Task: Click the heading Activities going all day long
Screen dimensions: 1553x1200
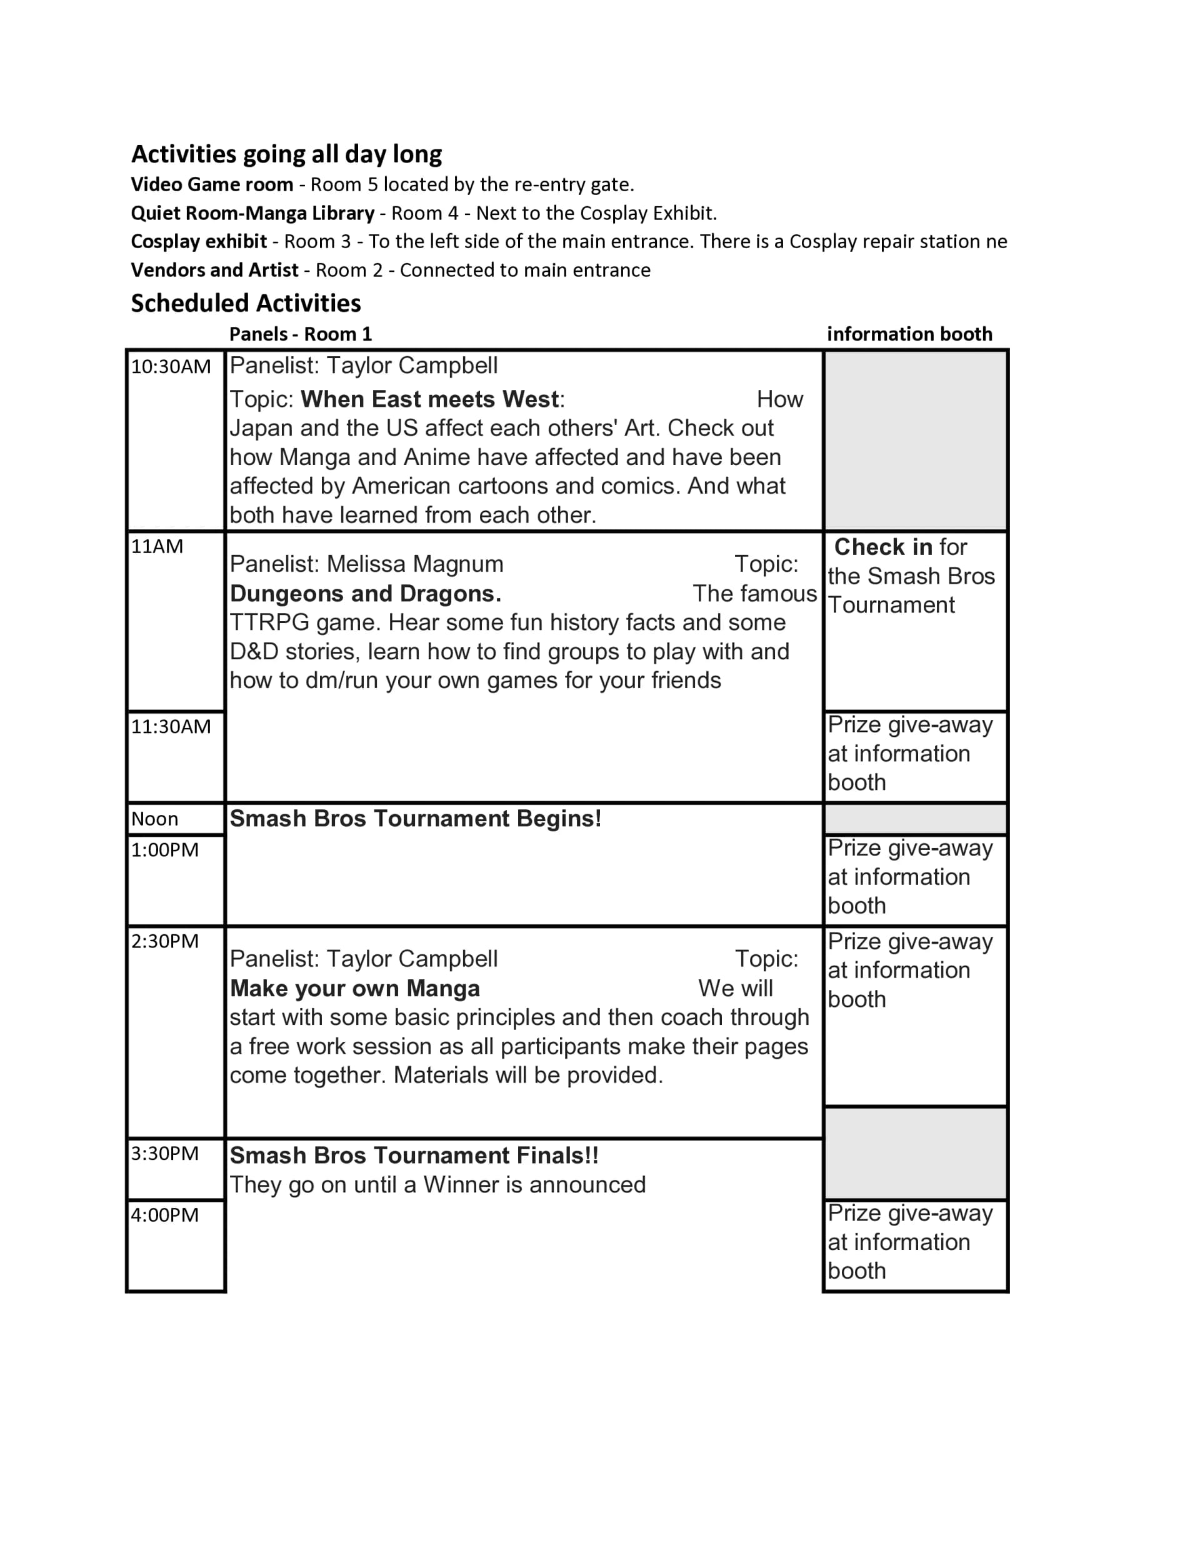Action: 286,154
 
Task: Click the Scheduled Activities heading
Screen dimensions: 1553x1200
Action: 246,304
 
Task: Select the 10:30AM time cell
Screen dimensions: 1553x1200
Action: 171,367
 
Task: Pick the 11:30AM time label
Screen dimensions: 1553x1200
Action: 171,727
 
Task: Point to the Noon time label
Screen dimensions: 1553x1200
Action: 154,819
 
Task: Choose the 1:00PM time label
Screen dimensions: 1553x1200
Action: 164,851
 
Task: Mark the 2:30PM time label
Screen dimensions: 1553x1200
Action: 164,941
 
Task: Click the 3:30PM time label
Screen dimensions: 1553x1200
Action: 164,1154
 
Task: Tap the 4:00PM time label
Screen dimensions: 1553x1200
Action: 164,1216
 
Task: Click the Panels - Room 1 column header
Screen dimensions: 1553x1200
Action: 300,334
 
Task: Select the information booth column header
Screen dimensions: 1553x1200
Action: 909,334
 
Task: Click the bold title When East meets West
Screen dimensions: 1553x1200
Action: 429,399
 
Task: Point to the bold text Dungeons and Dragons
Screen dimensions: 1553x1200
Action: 366,594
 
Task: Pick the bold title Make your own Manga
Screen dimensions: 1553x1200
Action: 355,989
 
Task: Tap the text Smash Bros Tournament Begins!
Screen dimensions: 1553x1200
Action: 416,819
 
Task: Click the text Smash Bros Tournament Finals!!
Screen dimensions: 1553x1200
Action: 414,1156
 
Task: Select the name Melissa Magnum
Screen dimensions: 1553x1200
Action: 415,564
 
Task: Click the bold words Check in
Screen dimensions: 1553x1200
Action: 882,547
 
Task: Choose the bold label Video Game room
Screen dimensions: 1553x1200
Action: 212,185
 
